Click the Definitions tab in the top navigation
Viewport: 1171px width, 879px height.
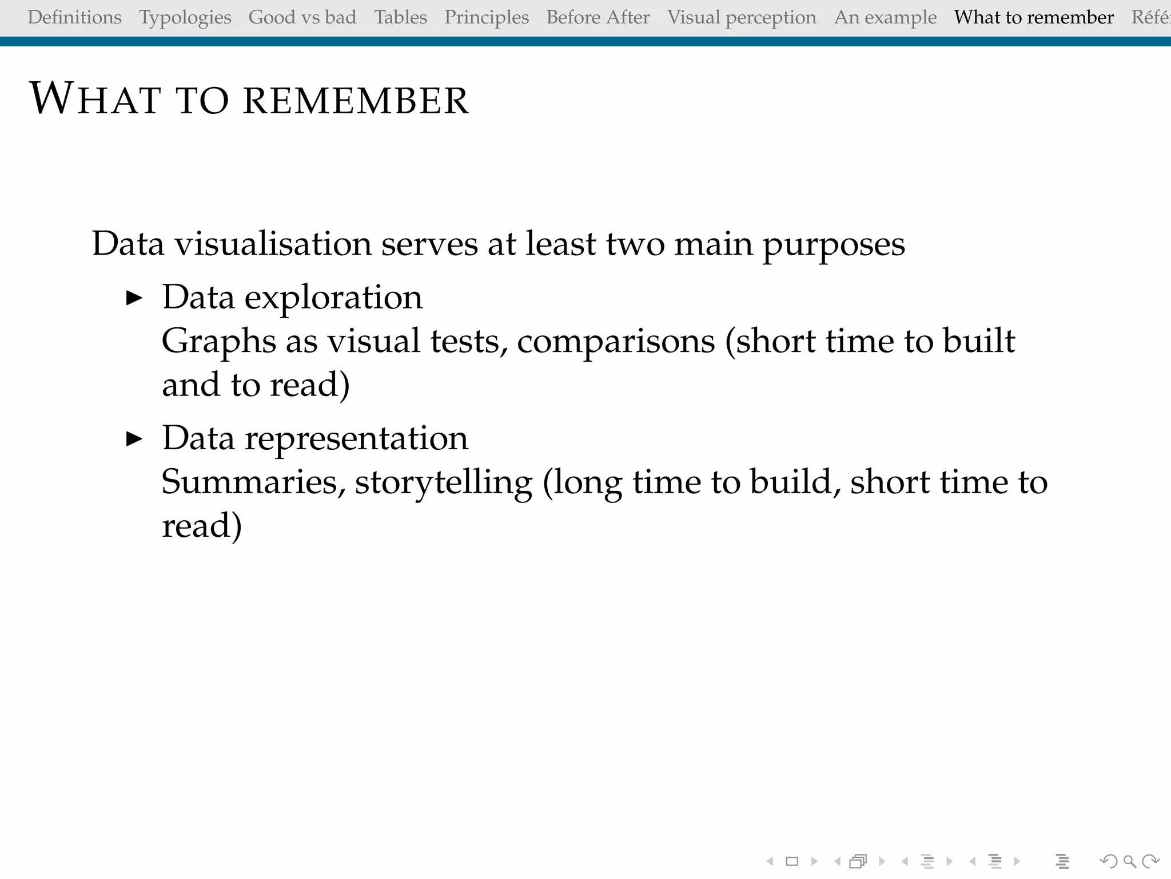[74, 18]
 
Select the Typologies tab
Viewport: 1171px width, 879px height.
[185, 18]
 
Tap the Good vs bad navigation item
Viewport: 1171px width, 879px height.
[302, 18]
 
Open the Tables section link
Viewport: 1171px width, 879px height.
[401, 18]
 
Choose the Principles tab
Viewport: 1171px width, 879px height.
[487, 18]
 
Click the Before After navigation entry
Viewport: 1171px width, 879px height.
[598, 18]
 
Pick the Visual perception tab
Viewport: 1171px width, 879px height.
[742, 18]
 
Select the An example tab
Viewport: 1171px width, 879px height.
[885, 18]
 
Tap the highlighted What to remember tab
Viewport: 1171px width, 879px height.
[1034, 18]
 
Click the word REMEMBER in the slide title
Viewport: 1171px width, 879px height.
[356, 101]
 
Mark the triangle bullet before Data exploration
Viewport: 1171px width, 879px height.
[134, 298]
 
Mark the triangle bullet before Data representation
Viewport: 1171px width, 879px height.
[134, 439]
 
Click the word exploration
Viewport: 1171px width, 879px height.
[333, 298]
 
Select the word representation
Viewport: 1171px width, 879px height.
[356, 439]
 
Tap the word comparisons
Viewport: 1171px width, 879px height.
[616, 342]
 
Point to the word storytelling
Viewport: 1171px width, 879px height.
[444, 482]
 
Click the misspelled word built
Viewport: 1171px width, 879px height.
[979, 340]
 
